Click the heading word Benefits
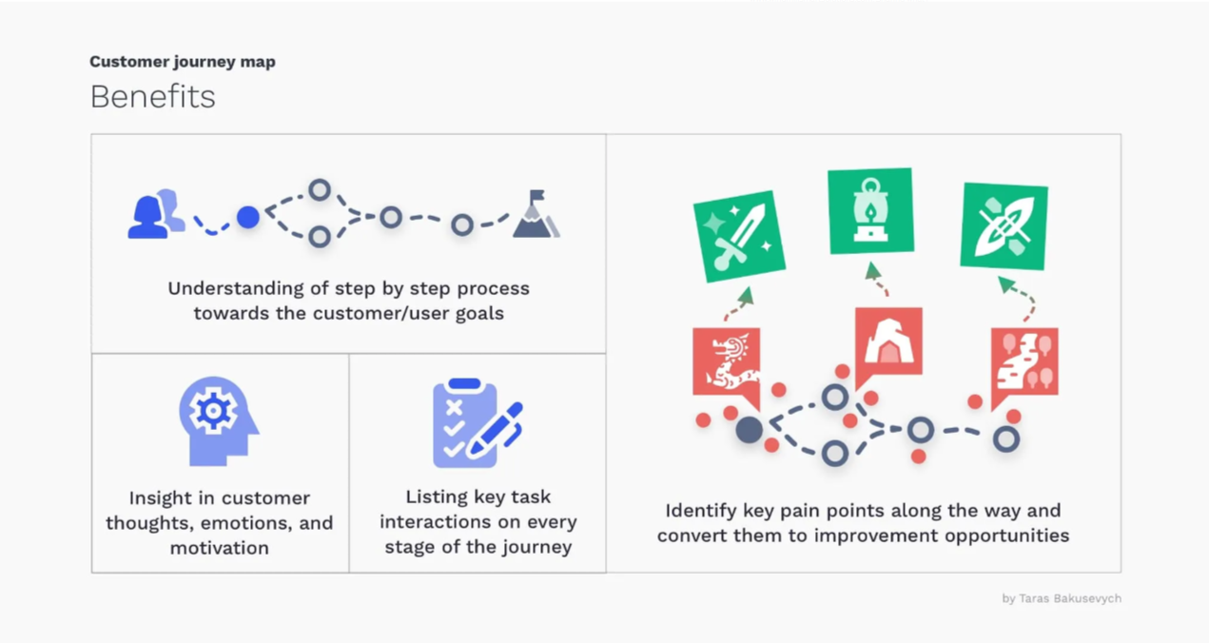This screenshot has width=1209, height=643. [153, 97]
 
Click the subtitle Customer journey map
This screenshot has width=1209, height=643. [183, 62]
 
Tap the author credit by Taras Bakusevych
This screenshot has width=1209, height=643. [1062, 598]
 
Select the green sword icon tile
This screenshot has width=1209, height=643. [739, 237]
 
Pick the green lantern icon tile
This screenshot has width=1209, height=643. [870, 210]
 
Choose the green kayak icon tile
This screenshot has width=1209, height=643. [1004, 226]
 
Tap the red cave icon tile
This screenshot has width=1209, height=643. [888, 342]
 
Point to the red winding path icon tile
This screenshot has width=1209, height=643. [1024, 361]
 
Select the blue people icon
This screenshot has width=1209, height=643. [156, 214]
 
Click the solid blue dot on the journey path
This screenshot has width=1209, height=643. [248, 217]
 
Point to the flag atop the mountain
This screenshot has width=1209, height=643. [537, 195]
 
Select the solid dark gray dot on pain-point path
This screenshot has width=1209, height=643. [750, 430]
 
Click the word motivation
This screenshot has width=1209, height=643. [220, 548]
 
